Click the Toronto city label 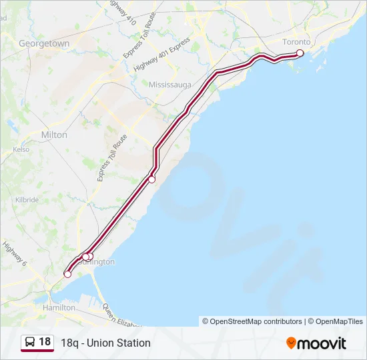point(296,42)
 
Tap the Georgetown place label point(44,43)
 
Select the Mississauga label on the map point(170,85)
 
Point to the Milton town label point(54,135)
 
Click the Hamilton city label point(59,308)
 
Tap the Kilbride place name point(27,200)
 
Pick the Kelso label point(21,150)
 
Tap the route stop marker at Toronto point(300,53)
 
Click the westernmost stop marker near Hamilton point(67,274)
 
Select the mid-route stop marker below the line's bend point(152,179)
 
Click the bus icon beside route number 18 point(30,343)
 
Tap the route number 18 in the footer point(45,342)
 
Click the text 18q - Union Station point(105,343)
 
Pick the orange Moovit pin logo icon point(291,343)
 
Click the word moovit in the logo point(322,343)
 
